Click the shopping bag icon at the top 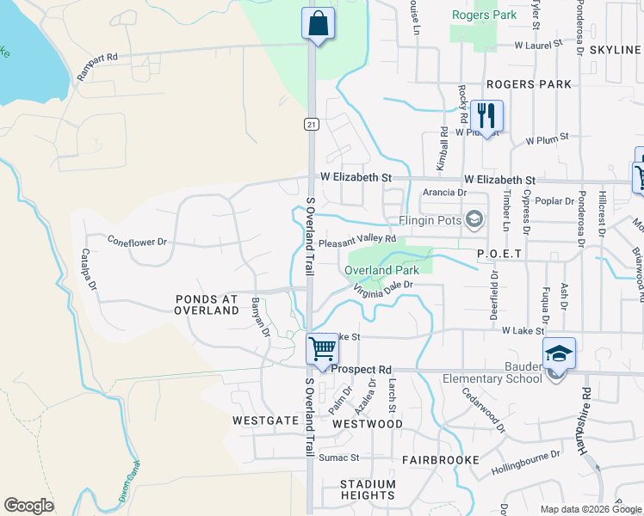coord(317,23)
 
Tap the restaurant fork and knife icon coord(486,115)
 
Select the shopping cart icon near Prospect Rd coord(321,349)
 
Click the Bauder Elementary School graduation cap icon coord(558,353)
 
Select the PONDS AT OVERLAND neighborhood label coord(206,305)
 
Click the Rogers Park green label coord(484,15)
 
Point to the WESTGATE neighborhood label coord(265,421)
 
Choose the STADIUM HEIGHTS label coord(368,489)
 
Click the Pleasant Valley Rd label coord(356,242)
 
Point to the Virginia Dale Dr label coord(383,287)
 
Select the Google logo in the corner coord(28,506)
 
